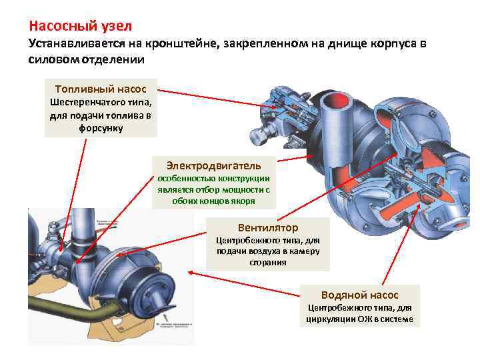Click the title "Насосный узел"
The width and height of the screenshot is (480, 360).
(x=81, y=27)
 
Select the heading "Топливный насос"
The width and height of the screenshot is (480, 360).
(x=101, y=89)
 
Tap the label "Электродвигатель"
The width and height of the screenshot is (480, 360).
(x=214, y=164)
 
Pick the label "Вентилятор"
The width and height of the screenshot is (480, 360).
(x=267, y=227)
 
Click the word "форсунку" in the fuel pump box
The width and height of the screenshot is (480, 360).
(x=101, y=127)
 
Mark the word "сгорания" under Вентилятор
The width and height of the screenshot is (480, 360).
(x=268, y=263)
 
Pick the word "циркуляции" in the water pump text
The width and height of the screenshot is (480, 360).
(x=329, y=319)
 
